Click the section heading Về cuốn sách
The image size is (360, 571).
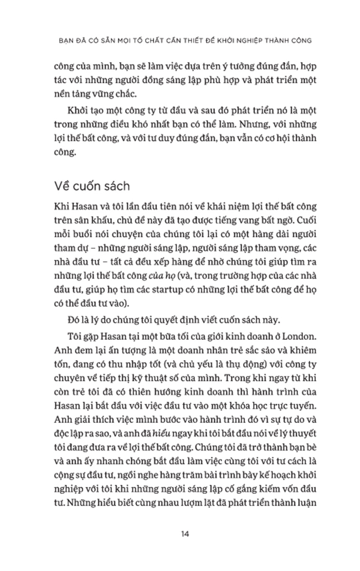(x=92, y=186)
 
